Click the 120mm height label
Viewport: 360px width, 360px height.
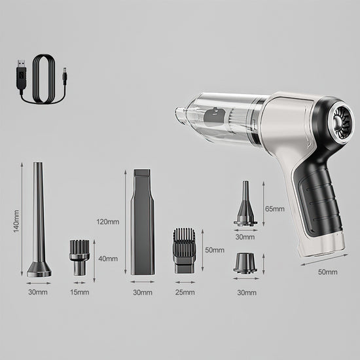pos(107,221)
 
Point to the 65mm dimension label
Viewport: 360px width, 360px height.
pos(274,209)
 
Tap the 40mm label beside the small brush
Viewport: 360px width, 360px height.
pos(108,259)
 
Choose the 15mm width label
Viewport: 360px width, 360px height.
pos(79,292)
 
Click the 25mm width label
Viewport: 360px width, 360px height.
pos(185,292)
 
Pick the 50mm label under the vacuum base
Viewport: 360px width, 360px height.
pos(327,271)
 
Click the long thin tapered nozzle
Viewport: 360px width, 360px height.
pos(39,223)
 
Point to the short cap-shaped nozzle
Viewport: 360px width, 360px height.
pos(245,264)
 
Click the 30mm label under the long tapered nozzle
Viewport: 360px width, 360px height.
pos(39,292)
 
